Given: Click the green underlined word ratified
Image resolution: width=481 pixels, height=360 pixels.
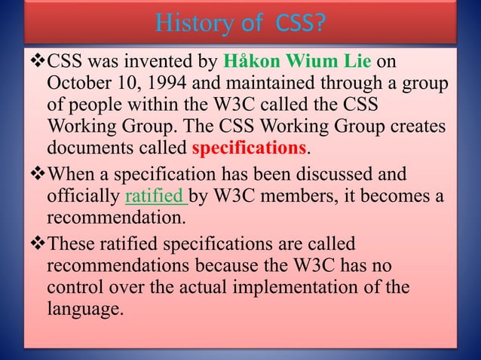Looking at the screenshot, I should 155,198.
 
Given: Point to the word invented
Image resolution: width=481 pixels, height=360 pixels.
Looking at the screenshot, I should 148,60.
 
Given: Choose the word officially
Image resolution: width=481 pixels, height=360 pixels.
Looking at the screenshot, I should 84,198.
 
